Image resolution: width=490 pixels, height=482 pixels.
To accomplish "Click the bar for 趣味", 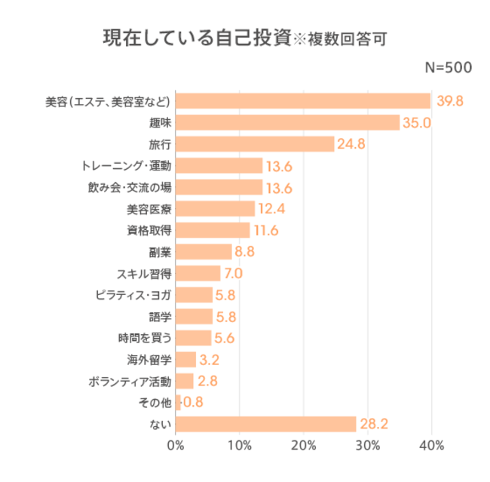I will (x=287, y=122).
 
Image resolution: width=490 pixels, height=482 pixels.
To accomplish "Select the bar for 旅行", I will (x=255, y=144).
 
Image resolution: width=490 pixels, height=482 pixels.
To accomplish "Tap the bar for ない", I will (x=265, y=425).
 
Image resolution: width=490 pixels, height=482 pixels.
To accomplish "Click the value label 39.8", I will (x=449, y=101).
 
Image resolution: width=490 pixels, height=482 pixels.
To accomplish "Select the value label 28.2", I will (x=374, y=425).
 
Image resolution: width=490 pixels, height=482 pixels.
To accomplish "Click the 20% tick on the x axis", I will (x=304, y=446).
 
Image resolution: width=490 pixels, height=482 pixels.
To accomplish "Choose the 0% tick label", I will (x=175, y=446).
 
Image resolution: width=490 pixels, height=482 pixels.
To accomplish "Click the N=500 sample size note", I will (x=449, y=67).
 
